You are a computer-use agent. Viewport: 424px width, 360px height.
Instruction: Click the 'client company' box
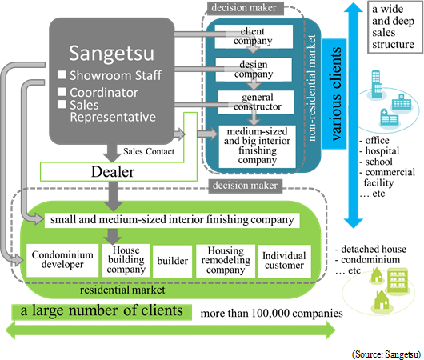(x=254, y=37)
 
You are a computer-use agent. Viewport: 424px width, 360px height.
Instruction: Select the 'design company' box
(x=254, y=70)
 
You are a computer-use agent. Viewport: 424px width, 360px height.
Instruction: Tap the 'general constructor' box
(x=256, y=102)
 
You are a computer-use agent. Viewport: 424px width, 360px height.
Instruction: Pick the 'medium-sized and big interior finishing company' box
(x=257, y=146)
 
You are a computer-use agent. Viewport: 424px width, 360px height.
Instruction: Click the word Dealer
(x=113, y=172)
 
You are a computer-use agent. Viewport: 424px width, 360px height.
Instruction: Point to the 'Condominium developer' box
(x=62, y=260)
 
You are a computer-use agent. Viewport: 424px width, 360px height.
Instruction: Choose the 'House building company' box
(x=126, y=260)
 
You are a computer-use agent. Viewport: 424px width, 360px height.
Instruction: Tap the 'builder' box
(x=173, y=262)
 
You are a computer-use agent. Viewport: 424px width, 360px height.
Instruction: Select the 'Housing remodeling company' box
(x=226, y=261)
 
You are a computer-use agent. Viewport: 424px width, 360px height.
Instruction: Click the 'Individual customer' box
(x=284, y=261)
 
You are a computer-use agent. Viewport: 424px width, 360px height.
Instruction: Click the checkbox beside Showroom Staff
(x=62, y=75)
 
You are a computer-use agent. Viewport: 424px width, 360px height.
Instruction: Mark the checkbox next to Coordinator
(x=62, y=92)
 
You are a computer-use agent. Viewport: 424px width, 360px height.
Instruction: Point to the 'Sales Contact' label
(x=149, y=151)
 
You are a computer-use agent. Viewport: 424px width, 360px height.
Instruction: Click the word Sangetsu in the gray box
(x=111, y=54)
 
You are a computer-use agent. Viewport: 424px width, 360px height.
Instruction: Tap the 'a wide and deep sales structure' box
(x=395, y=27)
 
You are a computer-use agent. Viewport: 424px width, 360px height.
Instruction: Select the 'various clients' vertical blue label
(x=334, y=94)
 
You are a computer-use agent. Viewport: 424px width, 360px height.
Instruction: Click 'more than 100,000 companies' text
(x=271, y=314)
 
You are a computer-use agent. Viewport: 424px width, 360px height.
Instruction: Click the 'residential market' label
(x=122, y=290)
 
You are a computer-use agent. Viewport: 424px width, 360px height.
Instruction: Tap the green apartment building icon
(x=398, y=280)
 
